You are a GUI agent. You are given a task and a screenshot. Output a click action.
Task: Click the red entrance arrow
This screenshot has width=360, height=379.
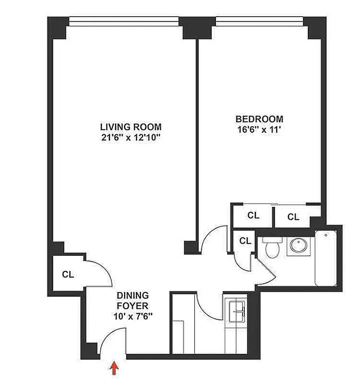[x=114, y=368]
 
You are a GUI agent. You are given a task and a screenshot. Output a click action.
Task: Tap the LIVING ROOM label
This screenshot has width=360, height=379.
[x=131, y=127]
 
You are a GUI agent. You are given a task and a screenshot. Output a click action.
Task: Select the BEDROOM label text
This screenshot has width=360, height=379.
[x=260, y=119]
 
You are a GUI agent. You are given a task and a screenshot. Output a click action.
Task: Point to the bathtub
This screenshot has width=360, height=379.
[x=326, y=258]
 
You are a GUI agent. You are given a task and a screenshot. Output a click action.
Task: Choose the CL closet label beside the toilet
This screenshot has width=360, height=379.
[x=245, y=240]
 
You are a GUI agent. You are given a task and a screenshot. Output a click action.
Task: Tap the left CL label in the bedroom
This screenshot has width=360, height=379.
[x=254, y=216]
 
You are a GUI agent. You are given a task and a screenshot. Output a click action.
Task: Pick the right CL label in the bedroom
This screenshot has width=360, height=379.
[x=294, y=217]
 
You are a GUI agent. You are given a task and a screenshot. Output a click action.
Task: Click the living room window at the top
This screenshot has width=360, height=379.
[x=124, y=21]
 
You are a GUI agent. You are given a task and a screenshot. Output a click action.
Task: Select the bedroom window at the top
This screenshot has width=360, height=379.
[x=259, y=21]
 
